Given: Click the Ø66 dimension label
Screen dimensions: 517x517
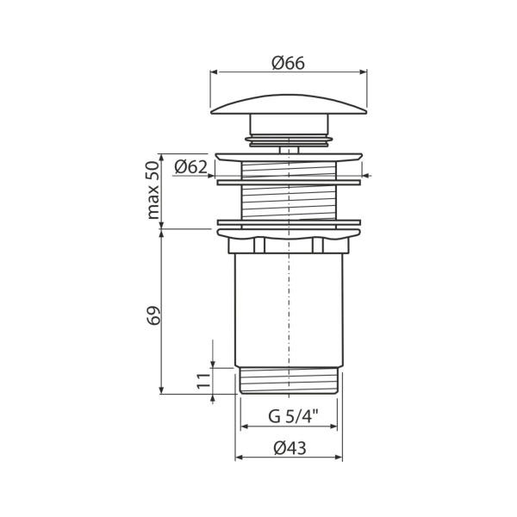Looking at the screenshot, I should tap(289, 62).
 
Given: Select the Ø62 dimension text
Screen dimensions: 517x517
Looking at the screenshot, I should tap(190, 167).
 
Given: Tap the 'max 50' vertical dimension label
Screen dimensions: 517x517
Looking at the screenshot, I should tap(154, 189).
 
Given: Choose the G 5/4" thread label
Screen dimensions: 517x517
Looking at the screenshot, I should tap(289, 416).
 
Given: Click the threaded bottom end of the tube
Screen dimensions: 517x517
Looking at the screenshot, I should tap(289, 381).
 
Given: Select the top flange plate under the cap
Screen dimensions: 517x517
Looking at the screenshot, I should tap(289, 157).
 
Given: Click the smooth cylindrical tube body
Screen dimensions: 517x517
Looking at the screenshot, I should tap(289, 310).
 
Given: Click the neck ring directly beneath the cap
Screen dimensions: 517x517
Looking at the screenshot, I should tap(289, 135).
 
